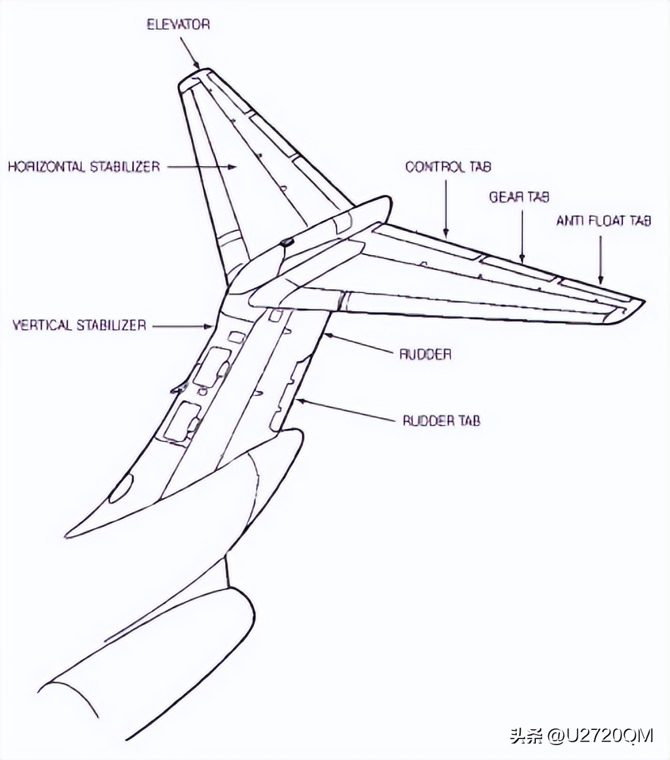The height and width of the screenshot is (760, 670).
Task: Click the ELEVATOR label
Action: (179, 24)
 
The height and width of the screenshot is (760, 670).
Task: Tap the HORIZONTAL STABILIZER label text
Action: (84, 167)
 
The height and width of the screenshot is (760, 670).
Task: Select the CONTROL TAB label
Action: (448, 167)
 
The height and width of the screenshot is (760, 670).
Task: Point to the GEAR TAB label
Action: (520, 198)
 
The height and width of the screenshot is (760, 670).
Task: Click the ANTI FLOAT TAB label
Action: (603, 221)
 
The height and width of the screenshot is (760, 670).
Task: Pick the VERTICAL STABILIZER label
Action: (79, 325)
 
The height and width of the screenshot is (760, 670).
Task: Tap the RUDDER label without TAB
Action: (425, 354)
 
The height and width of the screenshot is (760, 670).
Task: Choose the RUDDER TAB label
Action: (442, 421)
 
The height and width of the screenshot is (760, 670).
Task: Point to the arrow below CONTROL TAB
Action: (446, 208)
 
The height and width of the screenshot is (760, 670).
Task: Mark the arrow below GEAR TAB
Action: (522, 237)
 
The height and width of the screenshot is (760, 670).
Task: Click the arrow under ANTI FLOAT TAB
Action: (601, 259)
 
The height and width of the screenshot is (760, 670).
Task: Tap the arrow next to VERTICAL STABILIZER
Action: (183, 326)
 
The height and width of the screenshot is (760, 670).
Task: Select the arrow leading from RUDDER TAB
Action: (345, 409)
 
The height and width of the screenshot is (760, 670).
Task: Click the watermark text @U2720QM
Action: (601, 735)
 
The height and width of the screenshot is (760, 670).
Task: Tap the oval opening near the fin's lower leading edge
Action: (120, 488)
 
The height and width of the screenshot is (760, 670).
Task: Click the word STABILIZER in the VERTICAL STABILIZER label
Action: (110, 325)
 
